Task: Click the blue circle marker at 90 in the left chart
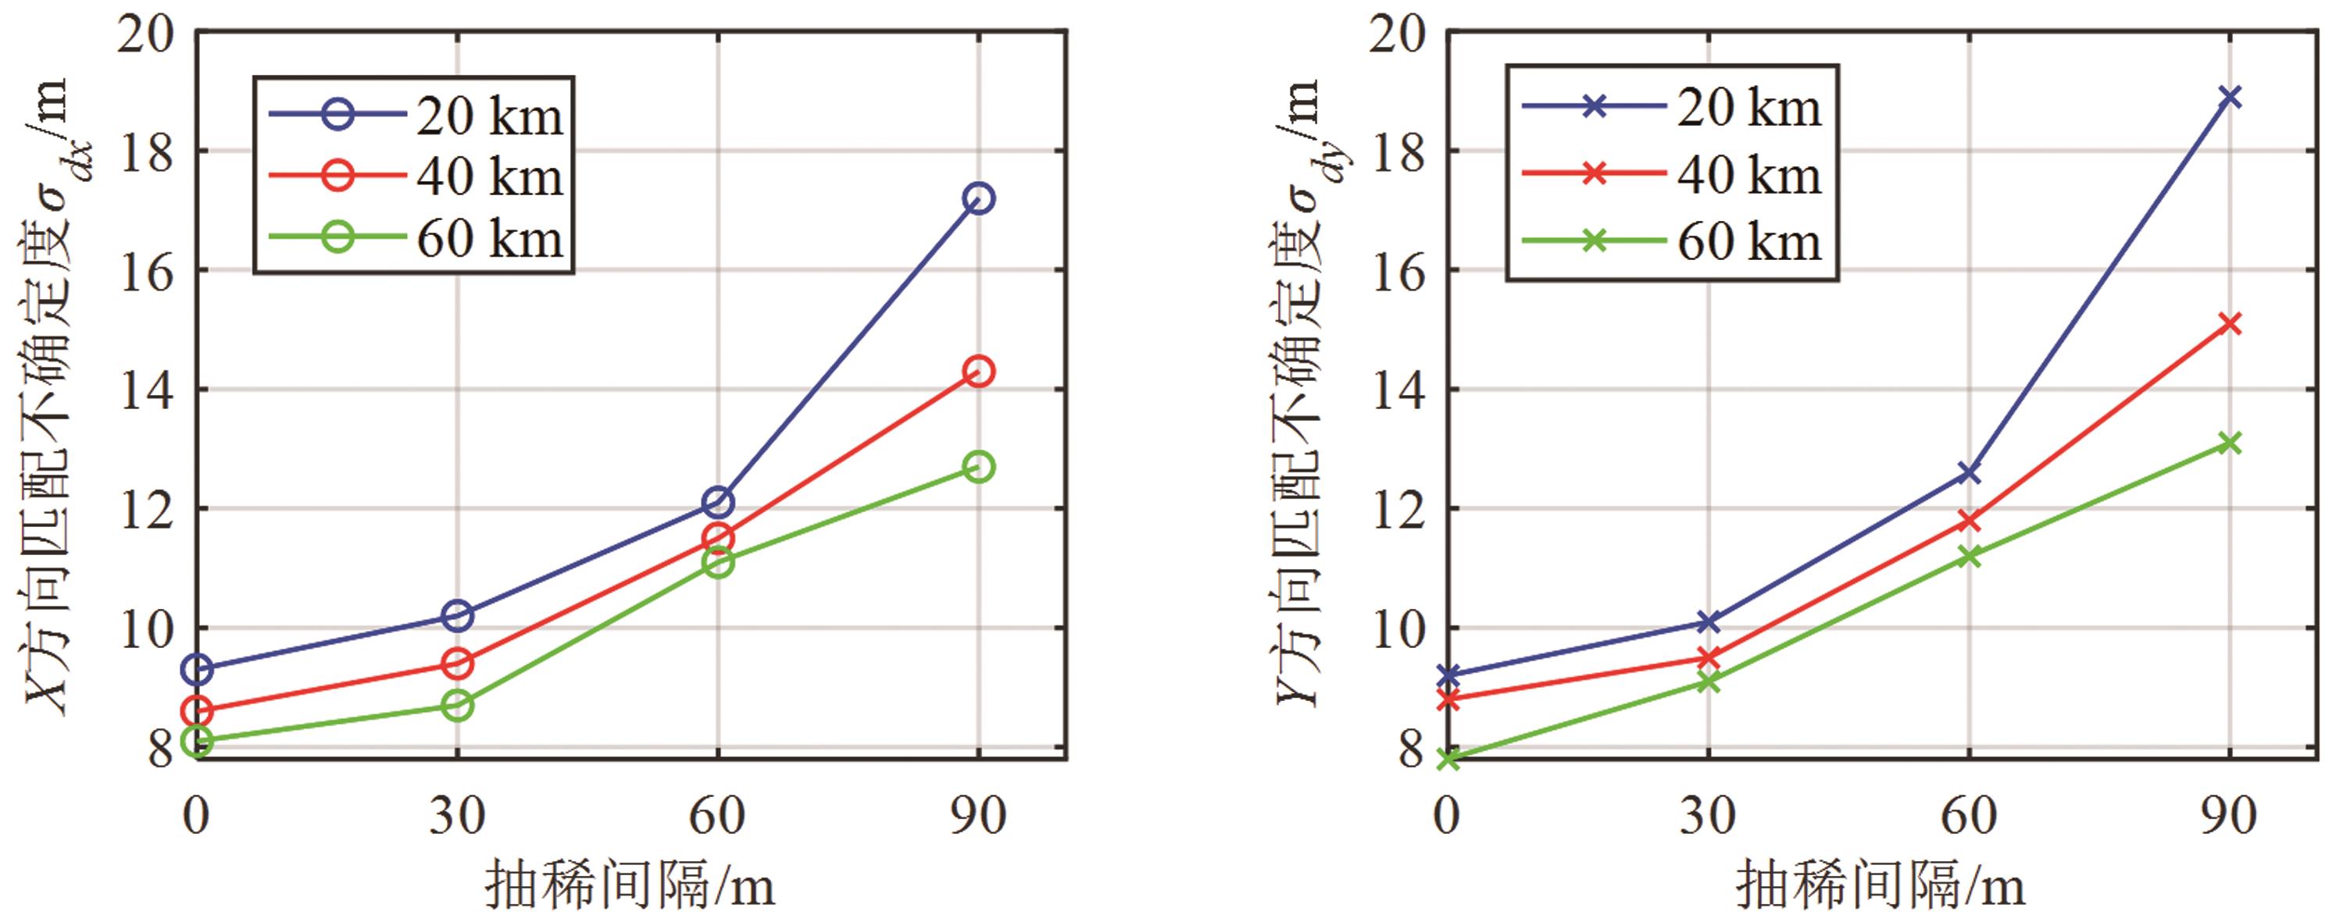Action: [978, 198]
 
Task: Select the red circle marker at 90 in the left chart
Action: [978, 371]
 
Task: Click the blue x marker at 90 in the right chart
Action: [2229, 96]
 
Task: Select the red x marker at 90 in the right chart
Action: [2229, 324]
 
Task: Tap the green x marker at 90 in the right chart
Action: [2229, 443]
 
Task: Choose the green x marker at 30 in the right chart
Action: [1708, 681]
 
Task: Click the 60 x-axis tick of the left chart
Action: [716, 816]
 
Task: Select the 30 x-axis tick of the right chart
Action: [1708, 816]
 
